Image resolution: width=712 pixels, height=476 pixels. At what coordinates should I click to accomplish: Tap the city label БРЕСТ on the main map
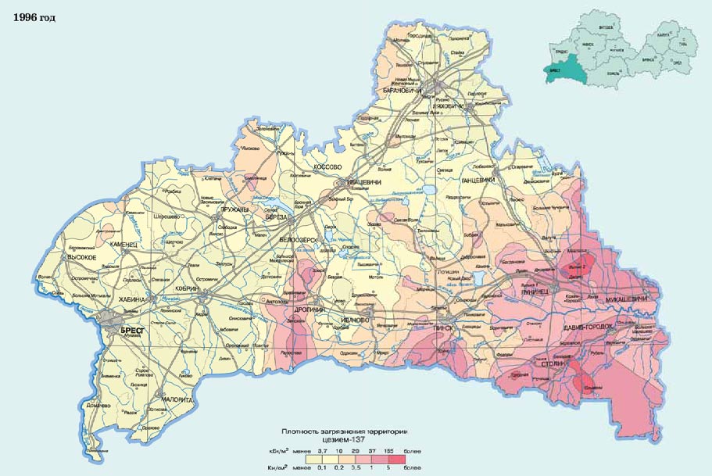tap(134, 331)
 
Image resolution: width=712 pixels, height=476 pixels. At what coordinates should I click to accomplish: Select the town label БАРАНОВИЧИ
tap(403, 91)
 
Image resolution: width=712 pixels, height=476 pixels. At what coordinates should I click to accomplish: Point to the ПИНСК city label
tap(443, 328)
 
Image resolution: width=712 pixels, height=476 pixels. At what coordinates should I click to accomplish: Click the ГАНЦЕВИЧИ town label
tap(480, 181)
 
